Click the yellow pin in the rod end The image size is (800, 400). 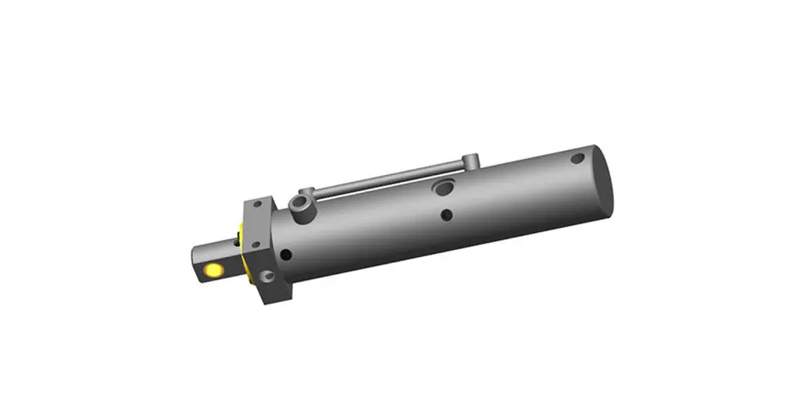click(x=212, y=270)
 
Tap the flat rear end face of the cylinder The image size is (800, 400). click(x=602, y=181)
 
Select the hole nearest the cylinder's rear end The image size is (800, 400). click(x=577, y=159)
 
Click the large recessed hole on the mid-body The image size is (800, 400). click(x=444, y=187)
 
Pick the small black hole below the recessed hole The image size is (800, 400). click(x=446, y=214)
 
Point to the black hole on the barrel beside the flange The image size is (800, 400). click(x=287, y=254)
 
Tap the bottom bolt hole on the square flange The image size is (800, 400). click(x=267, y=275)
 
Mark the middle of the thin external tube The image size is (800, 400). click(x=391, y=178)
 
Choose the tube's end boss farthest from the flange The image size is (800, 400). click(x=470, y=162)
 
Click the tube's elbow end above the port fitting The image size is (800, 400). click(x=306, y=191)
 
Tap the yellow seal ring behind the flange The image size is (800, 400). click(x=245, y=254)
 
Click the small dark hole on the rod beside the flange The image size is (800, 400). click(x=236, y=243)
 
